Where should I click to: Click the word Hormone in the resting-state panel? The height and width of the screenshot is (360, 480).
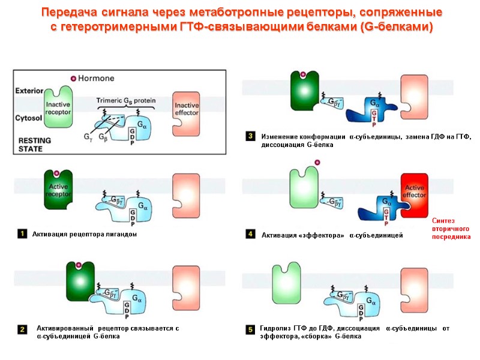[x=97, y=79]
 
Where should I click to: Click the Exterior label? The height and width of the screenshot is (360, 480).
[x=28, y=91]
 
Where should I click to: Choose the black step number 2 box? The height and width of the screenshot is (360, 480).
[x=22, y=329]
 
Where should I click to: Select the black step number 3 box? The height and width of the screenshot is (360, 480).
[x=250, y=137]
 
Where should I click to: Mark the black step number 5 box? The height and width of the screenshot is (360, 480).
[x=250, y=329]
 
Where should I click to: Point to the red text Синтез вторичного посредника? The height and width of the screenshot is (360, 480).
[x=451, y=229]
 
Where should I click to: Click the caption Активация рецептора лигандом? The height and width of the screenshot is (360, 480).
[x=85, y=234]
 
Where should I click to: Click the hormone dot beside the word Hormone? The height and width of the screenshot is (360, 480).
[x=74, y=79]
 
